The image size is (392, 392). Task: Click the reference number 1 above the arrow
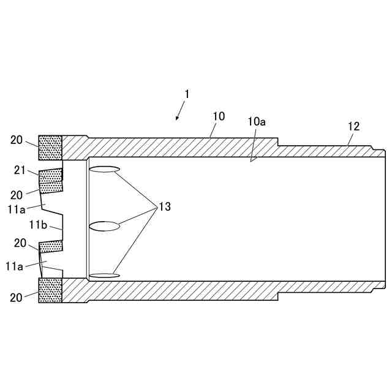click(x=187, y=94)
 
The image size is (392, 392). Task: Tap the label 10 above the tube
click(x=219, y=116)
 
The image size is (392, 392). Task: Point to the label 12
click(x=353, y=127)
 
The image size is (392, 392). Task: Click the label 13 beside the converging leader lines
click(x=164, y=207)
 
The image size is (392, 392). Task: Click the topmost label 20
click(x=17, y=140)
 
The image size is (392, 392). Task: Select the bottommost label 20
click(x=17, y=297)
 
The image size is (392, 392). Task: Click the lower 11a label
click(x=15, y=266)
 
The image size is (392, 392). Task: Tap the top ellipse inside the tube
click(x=104, y=169)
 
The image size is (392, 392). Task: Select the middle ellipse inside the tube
click(x=105, y=226)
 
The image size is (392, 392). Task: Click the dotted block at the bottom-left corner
click(x=50, y=290)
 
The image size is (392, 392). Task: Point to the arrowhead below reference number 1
click(x=177, y=119)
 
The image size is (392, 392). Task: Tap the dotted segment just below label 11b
click(x=51, y=246)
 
